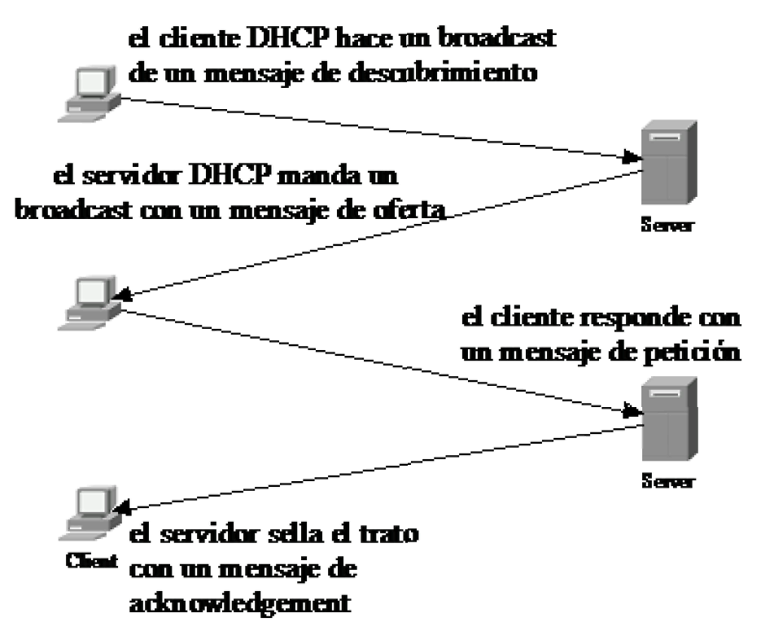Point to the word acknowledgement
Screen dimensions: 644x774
pos(240,602)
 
